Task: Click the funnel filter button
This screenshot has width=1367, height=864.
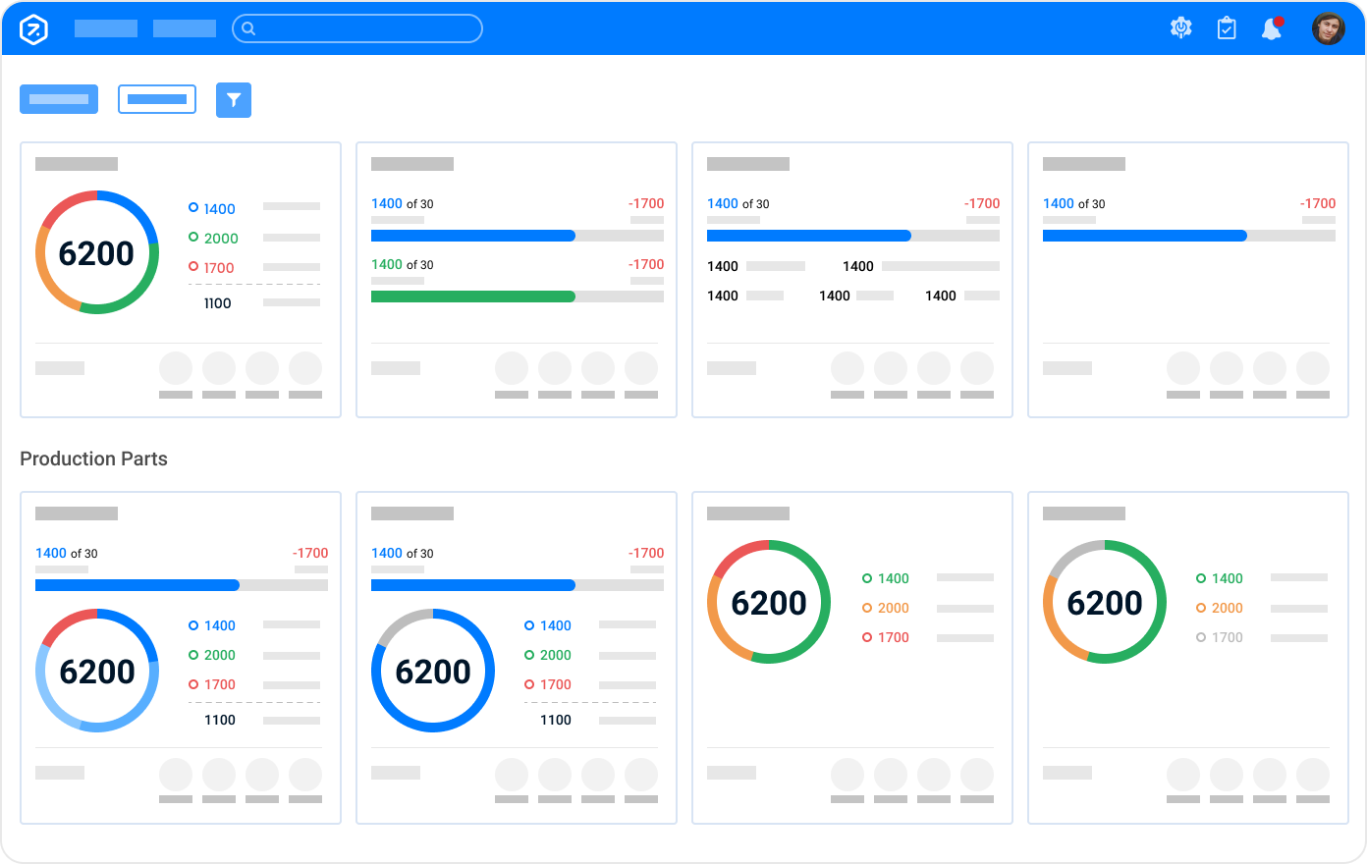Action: point(234,100)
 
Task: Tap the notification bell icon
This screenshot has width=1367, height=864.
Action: point(1271,29)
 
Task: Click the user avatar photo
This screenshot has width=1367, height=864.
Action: point(1328,28)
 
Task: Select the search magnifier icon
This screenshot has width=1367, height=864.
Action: point(248,28)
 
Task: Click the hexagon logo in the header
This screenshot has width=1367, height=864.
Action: point(33,28)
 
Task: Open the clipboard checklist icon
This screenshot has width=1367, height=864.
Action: point(1227,28)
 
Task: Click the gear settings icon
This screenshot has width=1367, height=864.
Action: point(1181,28)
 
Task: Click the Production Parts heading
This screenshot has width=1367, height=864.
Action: point(93,459)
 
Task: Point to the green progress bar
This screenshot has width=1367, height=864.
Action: point(472,297)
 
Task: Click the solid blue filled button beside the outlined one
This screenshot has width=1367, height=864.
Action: point(59,99)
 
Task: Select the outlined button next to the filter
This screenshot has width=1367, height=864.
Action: point(157,99)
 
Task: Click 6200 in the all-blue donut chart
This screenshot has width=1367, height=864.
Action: point(433,672)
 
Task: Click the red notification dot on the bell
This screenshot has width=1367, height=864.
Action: point(1279,21)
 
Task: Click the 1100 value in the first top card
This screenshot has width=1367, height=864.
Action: point(217,303)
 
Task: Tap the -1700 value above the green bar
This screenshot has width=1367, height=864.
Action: point(646,264)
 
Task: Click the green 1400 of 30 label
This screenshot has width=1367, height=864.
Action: point(402,264)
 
